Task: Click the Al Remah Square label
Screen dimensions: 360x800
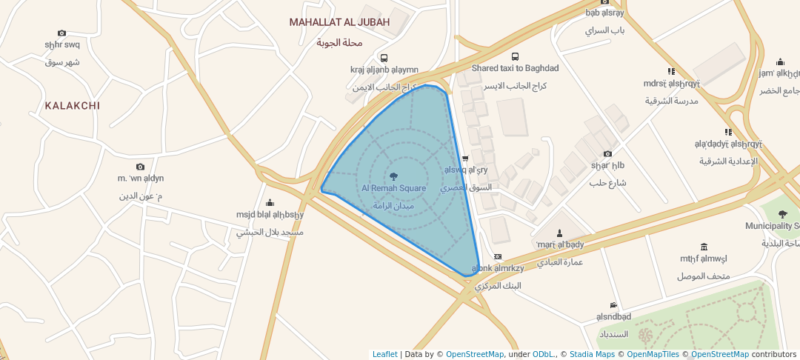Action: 393,188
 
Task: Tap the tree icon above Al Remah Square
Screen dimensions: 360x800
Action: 393,176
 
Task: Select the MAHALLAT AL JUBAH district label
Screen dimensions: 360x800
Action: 339,22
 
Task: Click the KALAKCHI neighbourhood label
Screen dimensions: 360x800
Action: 72,106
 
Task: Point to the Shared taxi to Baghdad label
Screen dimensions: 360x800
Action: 515,68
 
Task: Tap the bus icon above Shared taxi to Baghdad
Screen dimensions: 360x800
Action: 516,56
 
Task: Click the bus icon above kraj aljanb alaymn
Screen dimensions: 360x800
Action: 384,58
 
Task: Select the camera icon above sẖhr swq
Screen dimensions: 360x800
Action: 61,33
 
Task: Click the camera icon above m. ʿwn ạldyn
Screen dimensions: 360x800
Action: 140,167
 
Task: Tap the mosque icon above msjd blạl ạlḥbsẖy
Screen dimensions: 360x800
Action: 270,203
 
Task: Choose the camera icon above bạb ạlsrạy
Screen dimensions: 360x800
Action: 605,1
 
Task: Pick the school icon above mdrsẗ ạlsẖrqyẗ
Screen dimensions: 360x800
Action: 671,72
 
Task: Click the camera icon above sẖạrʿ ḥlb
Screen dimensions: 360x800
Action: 607,153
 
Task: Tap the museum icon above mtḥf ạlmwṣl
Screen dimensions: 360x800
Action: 703,247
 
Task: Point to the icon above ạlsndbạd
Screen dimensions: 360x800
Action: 613,305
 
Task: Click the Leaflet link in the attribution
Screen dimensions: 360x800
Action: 384,354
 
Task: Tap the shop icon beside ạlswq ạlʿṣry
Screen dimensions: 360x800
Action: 465,159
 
